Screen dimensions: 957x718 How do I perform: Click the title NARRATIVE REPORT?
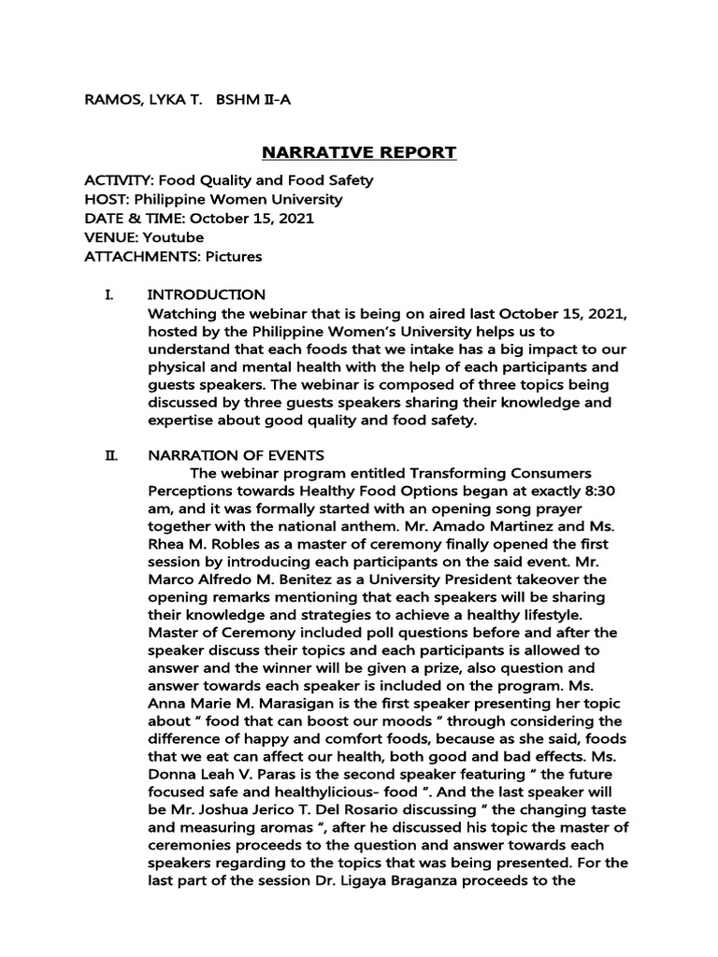(x=358, y=151)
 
